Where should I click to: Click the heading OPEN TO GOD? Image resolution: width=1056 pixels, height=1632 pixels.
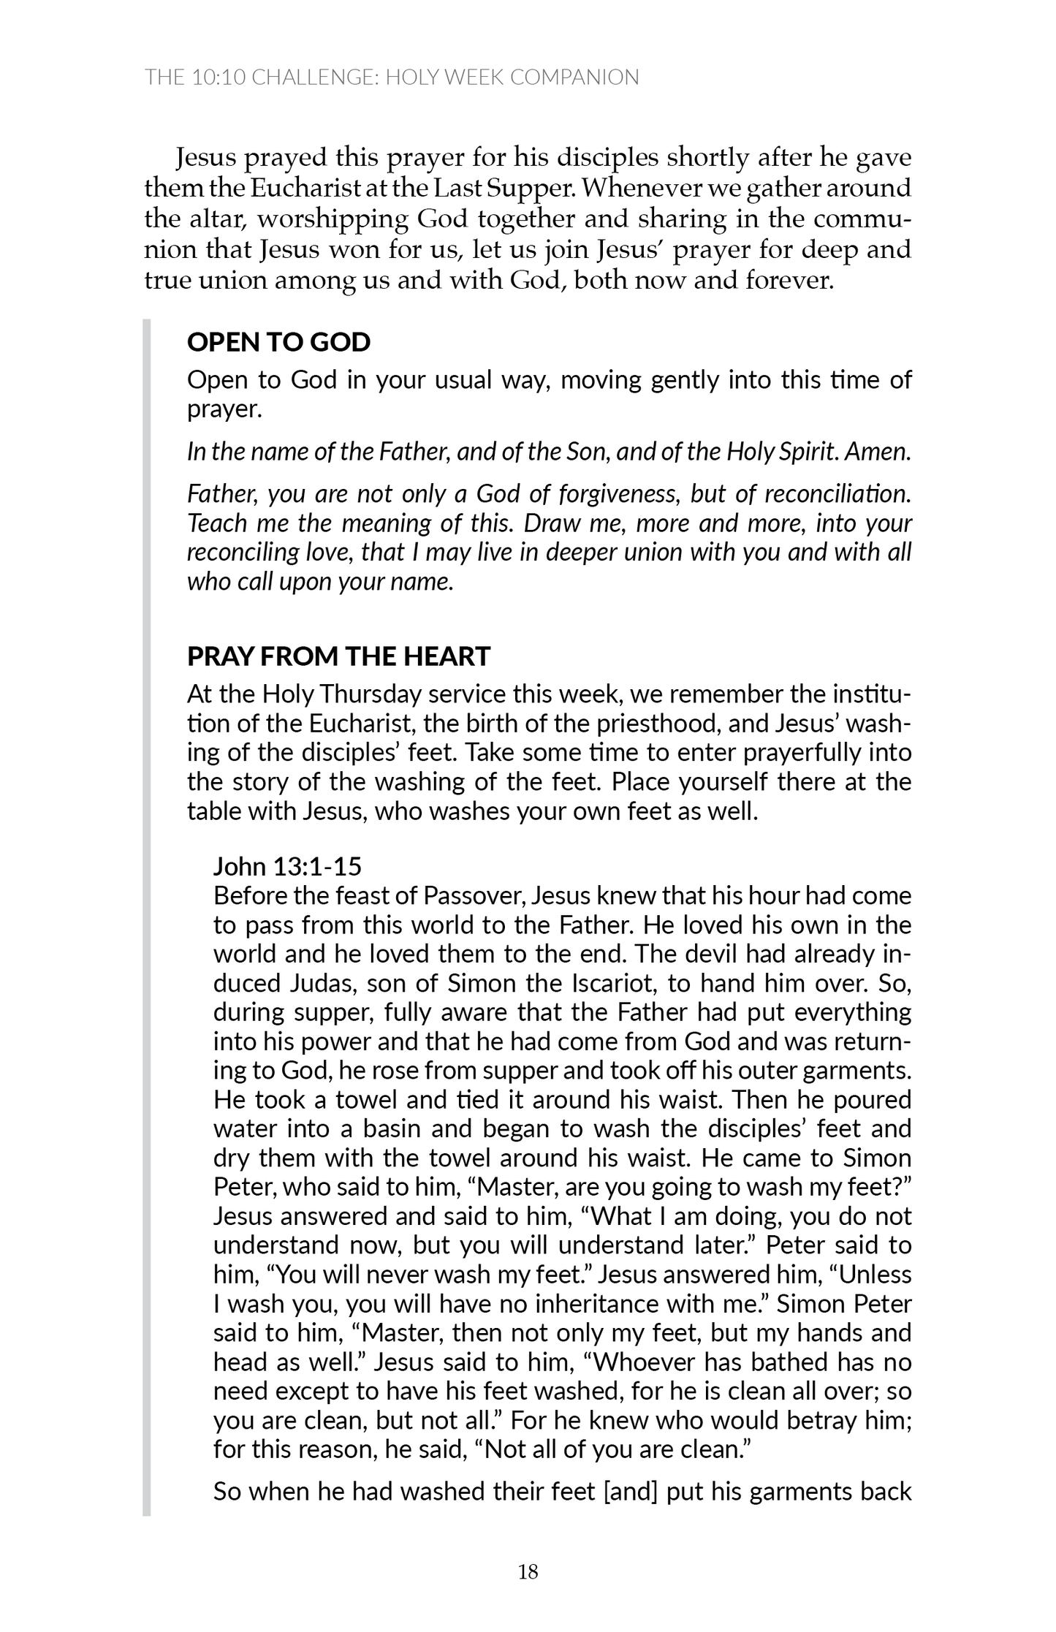coord(278,342)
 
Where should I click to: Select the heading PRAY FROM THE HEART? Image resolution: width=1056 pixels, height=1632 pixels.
coord(338,656)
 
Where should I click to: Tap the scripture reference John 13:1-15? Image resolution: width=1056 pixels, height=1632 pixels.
coord(287,866)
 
